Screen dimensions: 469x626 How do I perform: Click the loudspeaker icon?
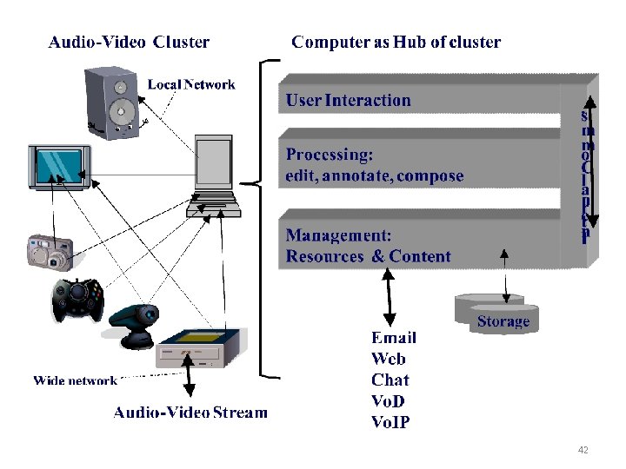[111, 102]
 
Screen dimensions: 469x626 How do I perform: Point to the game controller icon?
[76, 299]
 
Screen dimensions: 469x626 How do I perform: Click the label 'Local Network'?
[191, 84]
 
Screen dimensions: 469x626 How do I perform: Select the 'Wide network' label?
[75, 380]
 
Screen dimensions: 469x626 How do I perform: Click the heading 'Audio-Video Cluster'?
[129, 42]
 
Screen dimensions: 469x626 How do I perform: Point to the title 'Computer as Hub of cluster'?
[396, 42]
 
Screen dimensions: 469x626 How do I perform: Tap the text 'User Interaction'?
[349, 100]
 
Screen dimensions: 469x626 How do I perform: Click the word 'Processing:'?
[330, 155]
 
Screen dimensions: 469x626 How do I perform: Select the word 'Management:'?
[338, 235]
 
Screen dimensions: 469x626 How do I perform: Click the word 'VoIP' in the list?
[390, 423]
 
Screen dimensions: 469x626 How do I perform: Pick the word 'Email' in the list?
[393, 338]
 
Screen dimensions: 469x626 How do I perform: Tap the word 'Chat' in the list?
[390, 380]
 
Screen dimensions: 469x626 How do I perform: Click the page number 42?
[583, 450]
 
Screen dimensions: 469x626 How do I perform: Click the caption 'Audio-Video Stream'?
[190, 412]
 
